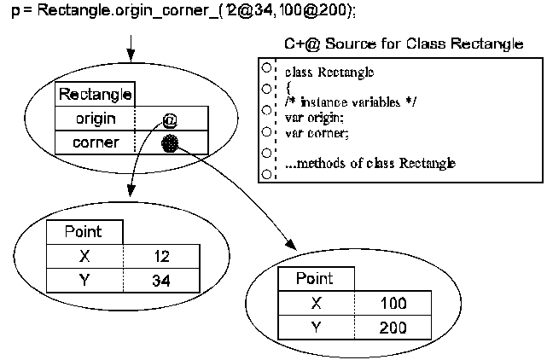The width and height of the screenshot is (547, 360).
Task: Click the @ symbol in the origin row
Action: pos(168,119)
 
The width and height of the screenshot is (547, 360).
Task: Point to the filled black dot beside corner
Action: pos(170,143)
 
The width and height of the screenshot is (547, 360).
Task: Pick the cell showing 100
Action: pos(394,303)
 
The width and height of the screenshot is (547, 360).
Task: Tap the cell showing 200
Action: pos(394,326)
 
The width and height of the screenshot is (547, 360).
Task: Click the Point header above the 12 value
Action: pos(84,231)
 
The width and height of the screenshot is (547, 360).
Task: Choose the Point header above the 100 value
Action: pos(314,279)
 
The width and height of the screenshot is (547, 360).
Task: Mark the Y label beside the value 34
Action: pos(84,279)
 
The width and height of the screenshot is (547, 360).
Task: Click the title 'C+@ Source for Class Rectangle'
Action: pos(403,44)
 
